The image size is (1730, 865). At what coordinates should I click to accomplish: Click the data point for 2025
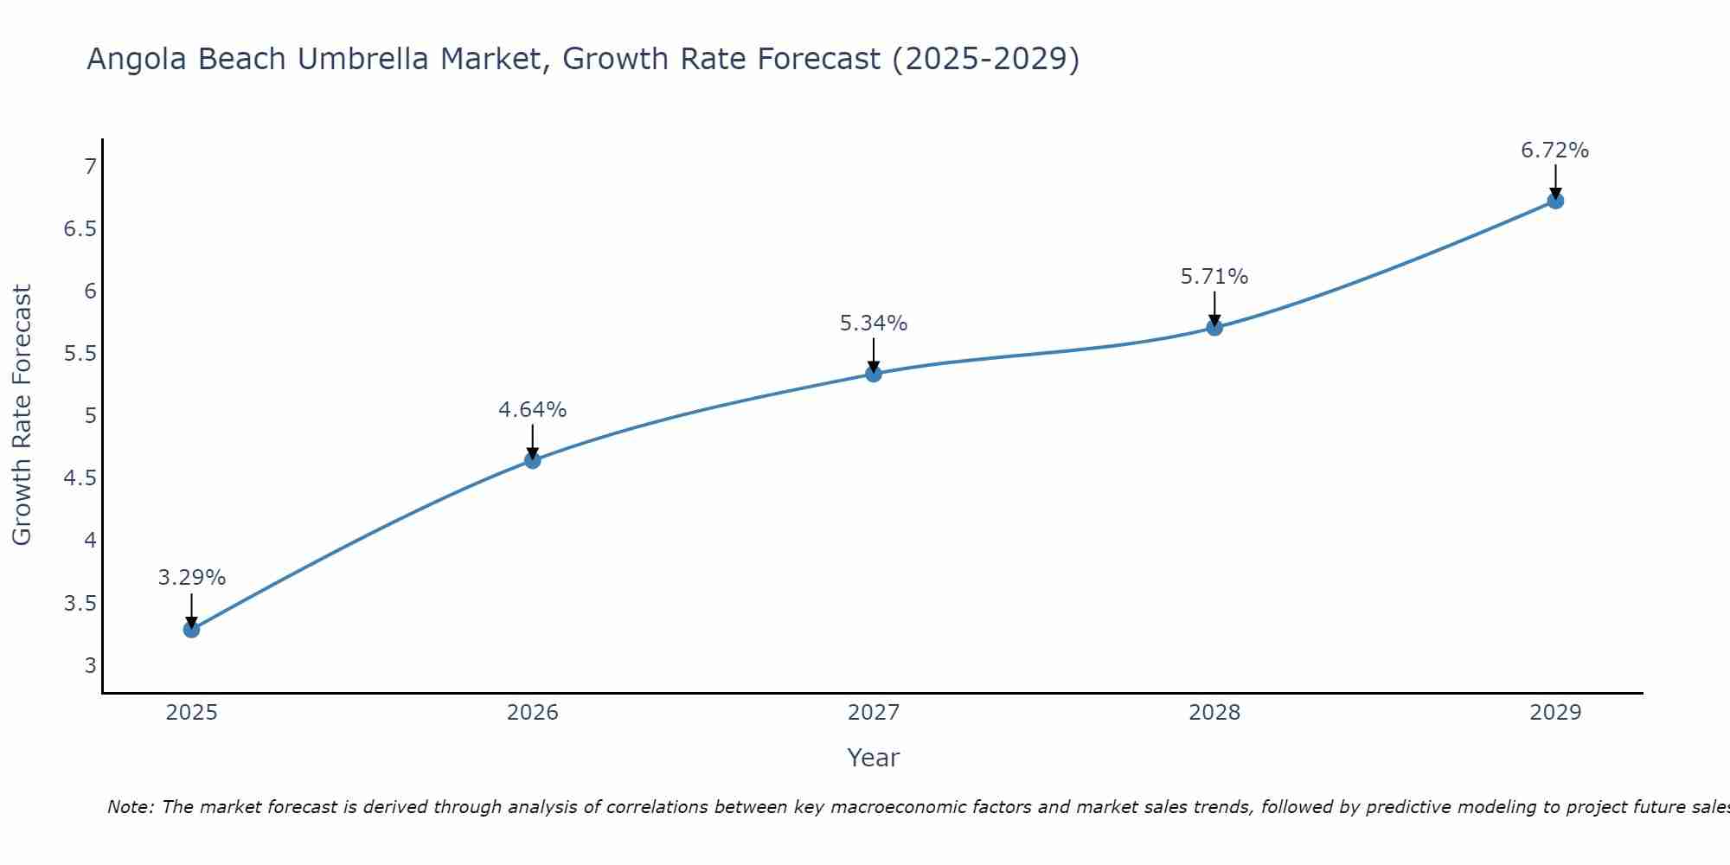(191, 629)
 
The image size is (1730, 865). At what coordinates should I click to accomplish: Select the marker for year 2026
(532, 460)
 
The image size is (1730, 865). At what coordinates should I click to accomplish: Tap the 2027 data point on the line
(873, 374)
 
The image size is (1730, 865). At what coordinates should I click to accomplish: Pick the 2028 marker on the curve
(1214, 327)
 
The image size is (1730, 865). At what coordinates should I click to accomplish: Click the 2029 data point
(1554, 201)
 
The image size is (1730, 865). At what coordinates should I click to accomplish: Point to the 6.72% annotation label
(1554, 151)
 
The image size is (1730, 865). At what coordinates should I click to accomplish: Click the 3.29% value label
(191, 578)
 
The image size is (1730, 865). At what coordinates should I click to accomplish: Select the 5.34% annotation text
(873, 324)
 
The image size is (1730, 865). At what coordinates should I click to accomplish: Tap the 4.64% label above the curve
(532, 410)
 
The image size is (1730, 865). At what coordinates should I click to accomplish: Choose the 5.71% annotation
(1214, 277)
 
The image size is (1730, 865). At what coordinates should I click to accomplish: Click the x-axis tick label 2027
(873, 713)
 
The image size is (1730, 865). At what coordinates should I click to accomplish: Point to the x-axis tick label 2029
(1554, 713)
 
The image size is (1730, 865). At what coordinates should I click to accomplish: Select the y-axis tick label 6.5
(79, 229)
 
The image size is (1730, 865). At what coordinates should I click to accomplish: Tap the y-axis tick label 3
(90, 666)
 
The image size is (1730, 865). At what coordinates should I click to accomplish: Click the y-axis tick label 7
(90, 166)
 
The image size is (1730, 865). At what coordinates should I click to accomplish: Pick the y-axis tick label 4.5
(79, 478)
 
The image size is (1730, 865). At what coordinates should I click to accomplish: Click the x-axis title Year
(873, 758)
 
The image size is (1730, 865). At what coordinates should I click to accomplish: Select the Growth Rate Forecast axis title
(22, 415)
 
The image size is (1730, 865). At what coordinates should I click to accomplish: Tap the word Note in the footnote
(130, 807)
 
